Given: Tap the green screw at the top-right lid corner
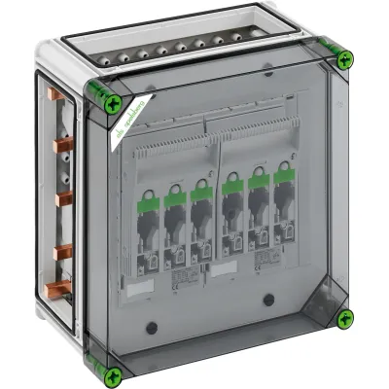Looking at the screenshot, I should (x=342, y=59).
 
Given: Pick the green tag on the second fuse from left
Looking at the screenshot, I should (x=175, y=197).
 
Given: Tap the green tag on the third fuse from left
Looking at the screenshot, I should (x=200, y=193).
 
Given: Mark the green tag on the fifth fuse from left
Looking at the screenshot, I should (x=260, y=181).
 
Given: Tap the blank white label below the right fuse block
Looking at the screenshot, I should (x=225, y=267).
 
